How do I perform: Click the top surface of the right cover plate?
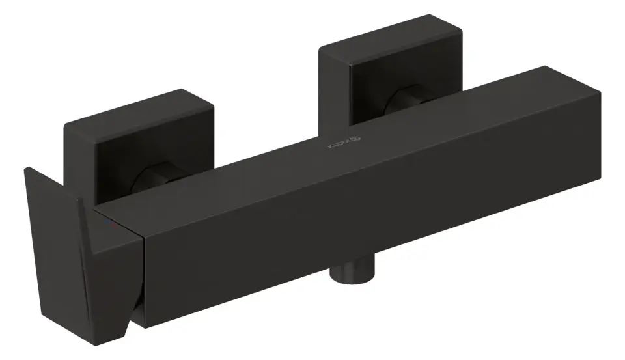click(389, 33)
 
